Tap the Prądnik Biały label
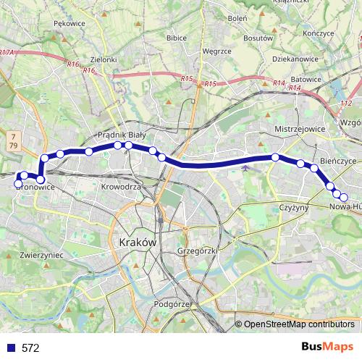(x=122, y=135)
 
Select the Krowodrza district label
(x=121, y=186)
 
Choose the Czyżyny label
(x=294, y=207)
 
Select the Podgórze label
(x=172, y=305)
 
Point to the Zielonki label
(x=104, y=59)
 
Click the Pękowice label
(x=69, y=24)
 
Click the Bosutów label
(x=257, y=37)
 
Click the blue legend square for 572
(x=11, y=348)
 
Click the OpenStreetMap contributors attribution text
(x=298, y=324)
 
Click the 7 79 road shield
(x=14, y=141)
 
